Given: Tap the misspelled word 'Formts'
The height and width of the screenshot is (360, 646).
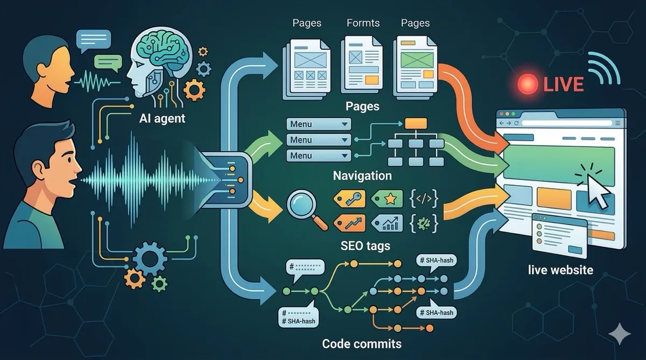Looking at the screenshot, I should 362,23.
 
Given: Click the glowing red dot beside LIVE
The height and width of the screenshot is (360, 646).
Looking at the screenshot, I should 528,84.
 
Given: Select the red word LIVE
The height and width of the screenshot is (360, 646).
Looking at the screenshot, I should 563,84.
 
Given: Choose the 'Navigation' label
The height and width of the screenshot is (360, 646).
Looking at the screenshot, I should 362,175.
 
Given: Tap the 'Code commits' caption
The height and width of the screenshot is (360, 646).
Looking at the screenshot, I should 361,343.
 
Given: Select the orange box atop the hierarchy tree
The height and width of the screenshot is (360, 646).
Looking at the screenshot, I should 415,123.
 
